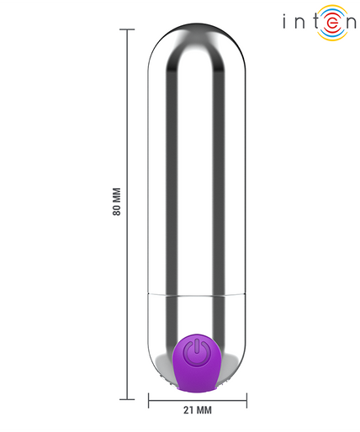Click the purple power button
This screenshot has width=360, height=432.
tap(197, 364)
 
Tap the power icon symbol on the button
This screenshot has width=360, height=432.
tap(197, 352)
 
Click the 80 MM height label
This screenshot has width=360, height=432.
tap(117, 202)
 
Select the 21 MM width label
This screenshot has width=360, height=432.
tap(198, 410)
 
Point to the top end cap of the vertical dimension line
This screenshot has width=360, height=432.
tap(127, 29)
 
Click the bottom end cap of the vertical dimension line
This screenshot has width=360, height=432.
tap(127, 399)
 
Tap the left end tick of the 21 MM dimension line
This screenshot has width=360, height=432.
tap(149, 401)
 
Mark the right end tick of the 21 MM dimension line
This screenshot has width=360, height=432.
tap(246, 401)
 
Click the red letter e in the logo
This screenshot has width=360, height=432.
tap(332, 23)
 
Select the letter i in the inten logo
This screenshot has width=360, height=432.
tap(284, 22)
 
